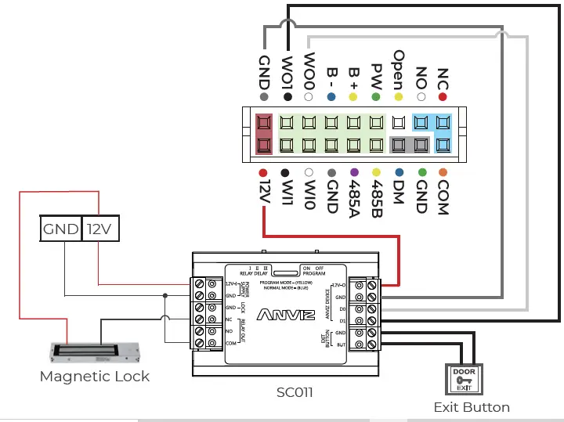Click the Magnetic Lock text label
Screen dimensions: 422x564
pyautogui.click(x=94, y=376)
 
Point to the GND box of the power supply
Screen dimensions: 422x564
pyautogui.click(x=60, y=229)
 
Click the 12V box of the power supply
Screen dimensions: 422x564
pyautogui.click(x=100, y=229)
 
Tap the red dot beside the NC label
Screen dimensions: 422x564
pyautogui.click(x=443, y=97)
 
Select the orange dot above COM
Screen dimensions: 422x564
pyautogui.click(x=443, y=171)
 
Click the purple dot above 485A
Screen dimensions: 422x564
pyautogui.click(x=354, y=171)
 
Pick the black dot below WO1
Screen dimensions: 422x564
pyautogui.click(x=287, y=97)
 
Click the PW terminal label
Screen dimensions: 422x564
pyautogui.click(x=376, y=75)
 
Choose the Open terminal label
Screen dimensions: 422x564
pyautogui.click(x=399, y=69)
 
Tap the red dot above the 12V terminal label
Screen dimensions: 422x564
pyautogui.click(x=263, y=171)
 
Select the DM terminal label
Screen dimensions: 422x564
pyautogui.click(x=399, y=193)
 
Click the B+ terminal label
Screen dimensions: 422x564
pyautogui.click(x=354, y=77)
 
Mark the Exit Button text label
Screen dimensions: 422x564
pyautogui.click(x=472, y=407)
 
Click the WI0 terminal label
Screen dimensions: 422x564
pyautogui.click(x=309, y=193)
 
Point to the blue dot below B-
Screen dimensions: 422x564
pyautogui.click(x=332, y=97)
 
